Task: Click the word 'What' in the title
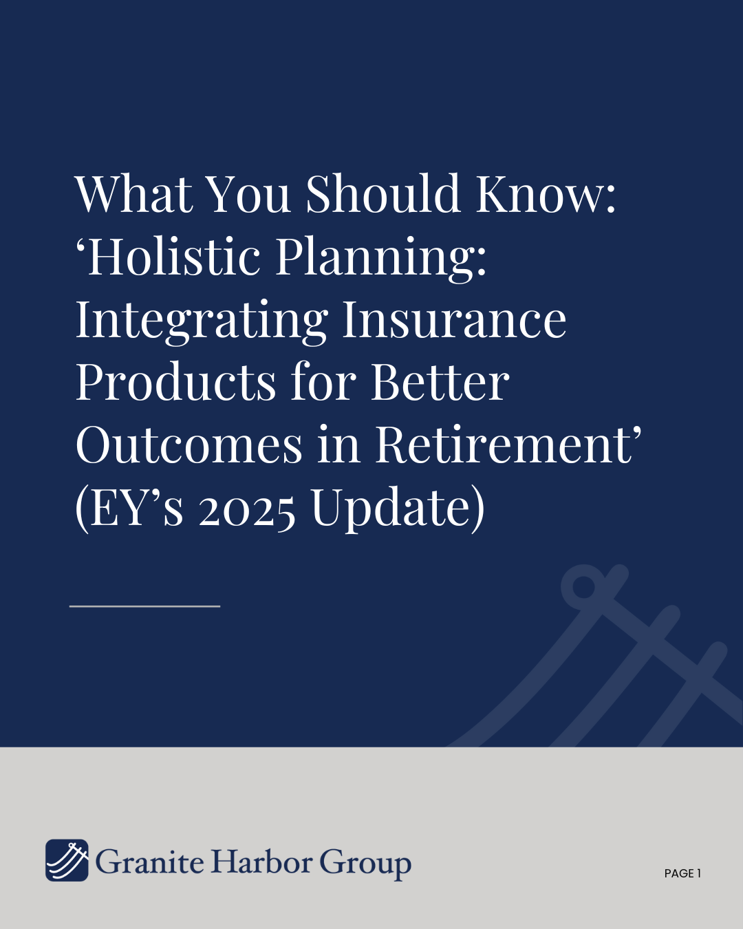coord(134,193)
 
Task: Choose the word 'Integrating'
coord(202,322)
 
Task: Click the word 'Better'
coord(440,382)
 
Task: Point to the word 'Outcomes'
coord(189,445)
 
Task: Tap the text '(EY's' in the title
coord(129,509)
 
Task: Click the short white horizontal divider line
coord(144,606)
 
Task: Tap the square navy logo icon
coord(67,860)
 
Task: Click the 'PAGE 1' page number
coord(682,873)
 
